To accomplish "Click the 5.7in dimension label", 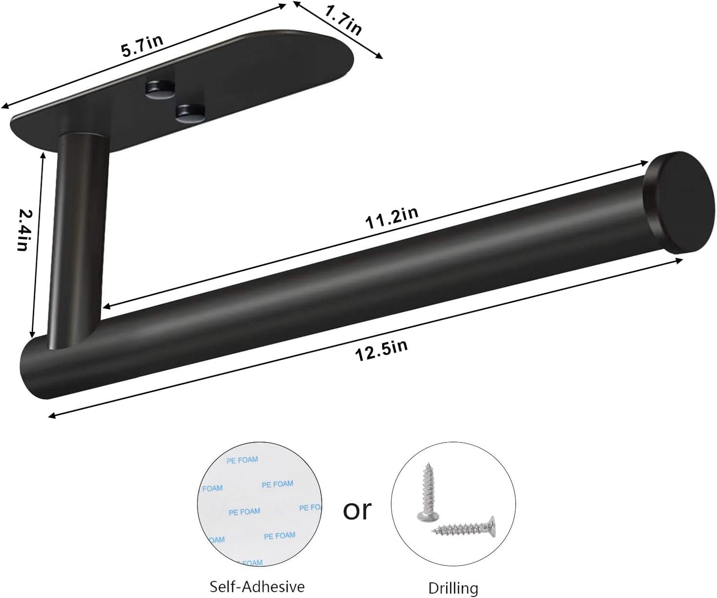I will [142, 45].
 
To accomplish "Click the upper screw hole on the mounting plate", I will [159, 88].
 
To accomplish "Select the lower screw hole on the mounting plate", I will [191, 112].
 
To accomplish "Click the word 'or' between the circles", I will [357, 510].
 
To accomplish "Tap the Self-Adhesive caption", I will [257, 587].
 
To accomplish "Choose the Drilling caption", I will [454, 589].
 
